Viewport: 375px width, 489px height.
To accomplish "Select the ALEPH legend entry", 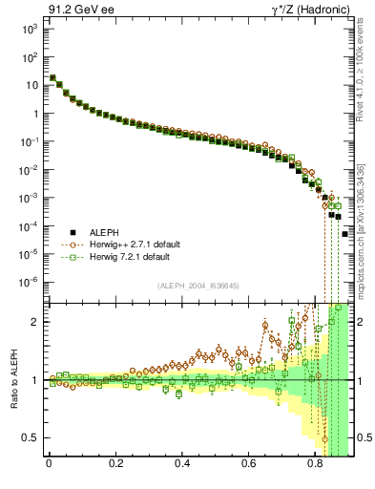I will pos(104,232).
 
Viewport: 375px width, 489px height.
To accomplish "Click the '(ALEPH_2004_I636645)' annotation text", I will pos(198,287).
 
